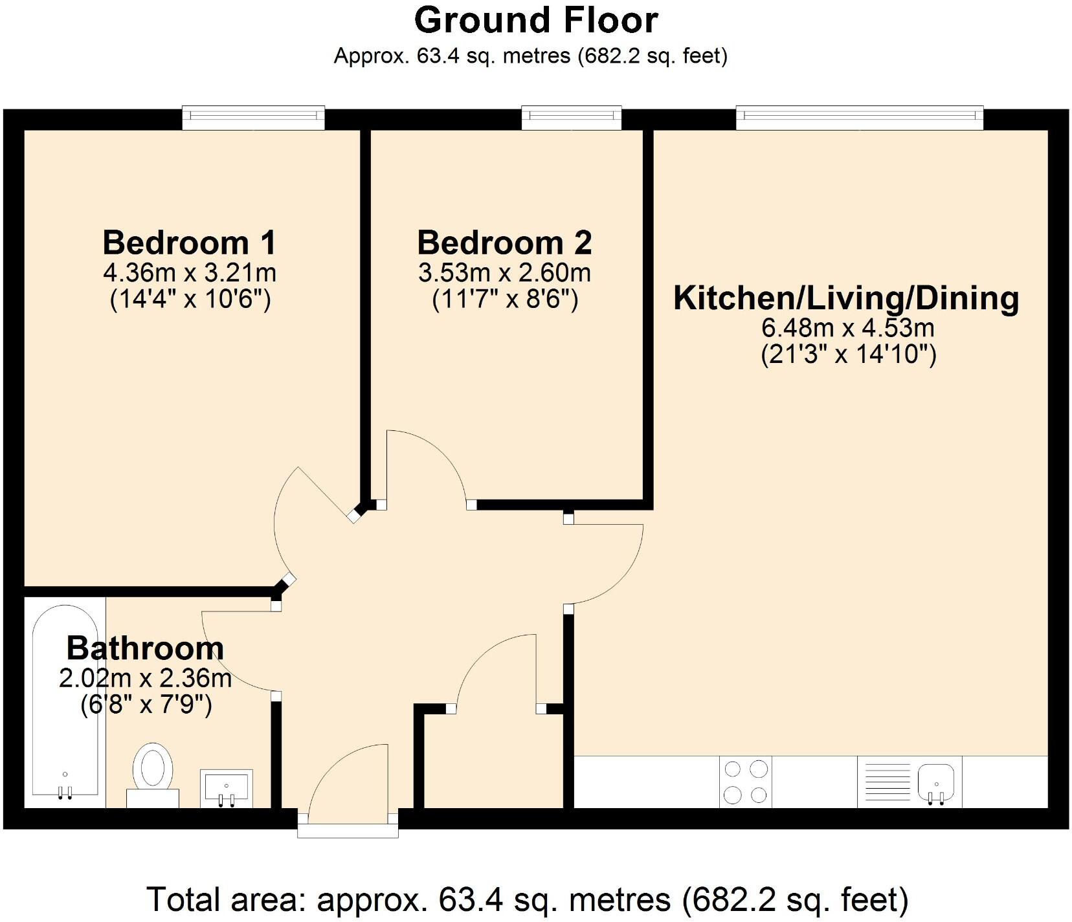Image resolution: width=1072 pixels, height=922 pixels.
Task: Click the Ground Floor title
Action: tap(536, 21)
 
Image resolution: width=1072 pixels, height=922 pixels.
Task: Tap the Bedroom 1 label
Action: tap(189, 243)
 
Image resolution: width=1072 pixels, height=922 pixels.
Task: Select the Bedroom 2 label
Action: tap(504, 243)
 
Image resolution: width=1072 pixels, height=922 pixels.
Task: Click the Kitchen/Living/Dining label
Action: tap(846, 298)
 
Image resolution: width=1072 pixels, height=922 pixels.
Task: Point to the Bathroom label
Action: tap(145, 648)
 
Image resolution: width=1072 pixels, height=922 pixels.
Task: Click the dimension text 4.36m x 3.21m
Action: tap(189, 272)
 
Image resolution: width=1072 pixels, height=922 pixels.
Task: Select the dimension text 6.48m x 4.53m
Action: tap(847, 328)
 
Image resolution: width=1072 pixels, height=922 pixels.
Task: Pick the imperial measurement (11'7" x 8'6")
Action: tap(504, 300)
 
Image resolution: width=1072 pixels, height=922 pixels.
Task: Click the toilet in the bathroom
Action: tap(153, 773)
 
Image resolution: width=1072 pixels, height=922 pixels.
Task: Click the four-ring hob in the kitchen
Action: tap(745, 782)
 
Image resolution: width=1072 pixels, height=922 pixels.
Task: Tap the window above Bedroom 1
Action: tap(253, 117)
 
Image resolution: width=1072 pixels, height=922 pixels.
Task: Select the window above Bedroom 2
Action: tap(572, 117)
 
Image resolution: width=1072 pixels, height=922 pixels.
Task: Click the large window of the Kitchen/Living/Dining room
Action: tap(859, 117)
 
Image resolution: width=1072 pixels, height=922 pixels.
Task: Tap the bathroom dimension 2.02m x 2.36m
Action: tap(145, 678)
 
